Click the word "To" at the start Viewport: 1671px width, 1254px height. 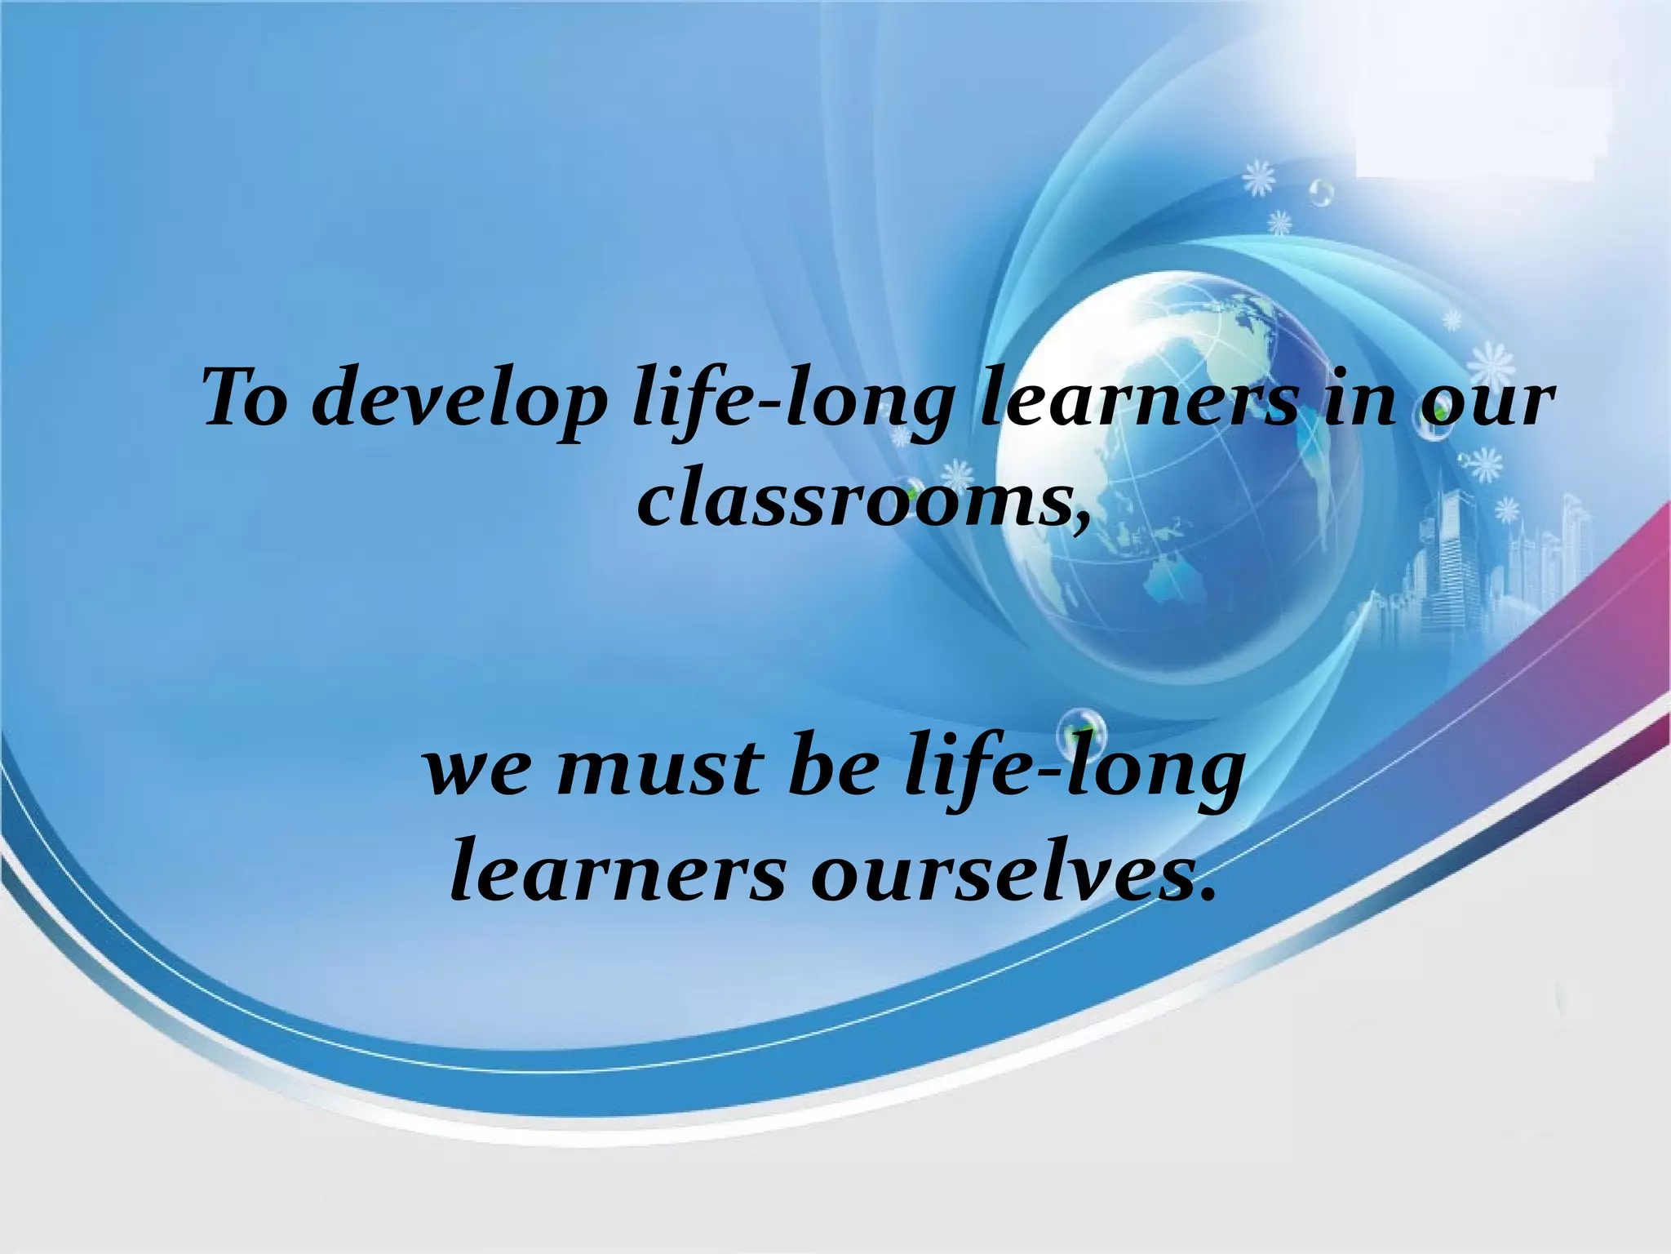pyautogui.click(x=244, y=399)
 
